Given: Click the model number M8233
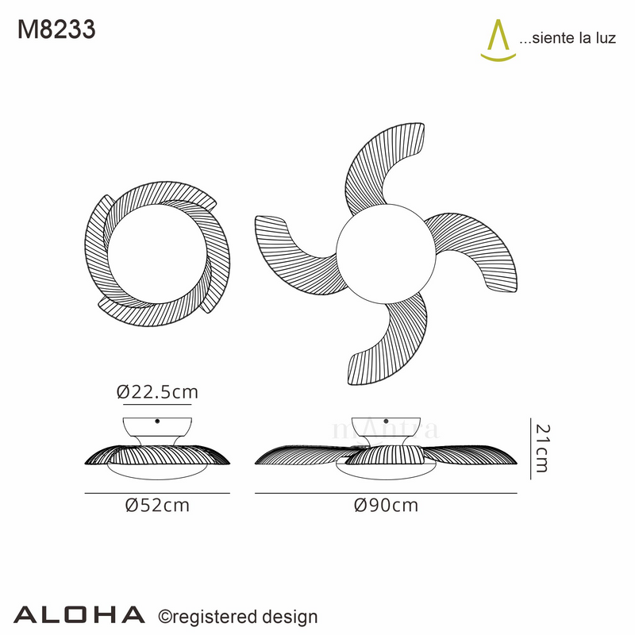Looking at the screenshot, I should [x=56, y=29].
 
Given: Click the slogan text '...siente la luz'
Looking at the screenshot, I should [x=567, y=39].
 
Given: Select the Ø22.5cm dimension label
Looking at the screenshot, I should [x=156, y=391].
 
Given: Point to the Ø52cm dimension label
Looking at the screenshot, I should [x=158, y=506].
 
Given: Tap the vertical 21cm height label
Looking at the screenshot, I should [x=542, y=448].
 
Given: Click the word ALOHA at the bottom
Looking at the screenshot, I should [x=80, y=614].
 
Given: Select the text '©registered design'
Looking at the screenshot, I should [x=239, y=617].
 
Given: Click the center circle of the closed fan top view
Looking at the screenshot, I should [x=158, y=252].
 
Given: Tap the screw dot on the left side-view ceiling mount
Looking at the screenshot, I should [x=158, y=421].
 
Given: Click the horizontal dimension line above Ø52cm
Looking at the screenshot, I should [x=158, y=493].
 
